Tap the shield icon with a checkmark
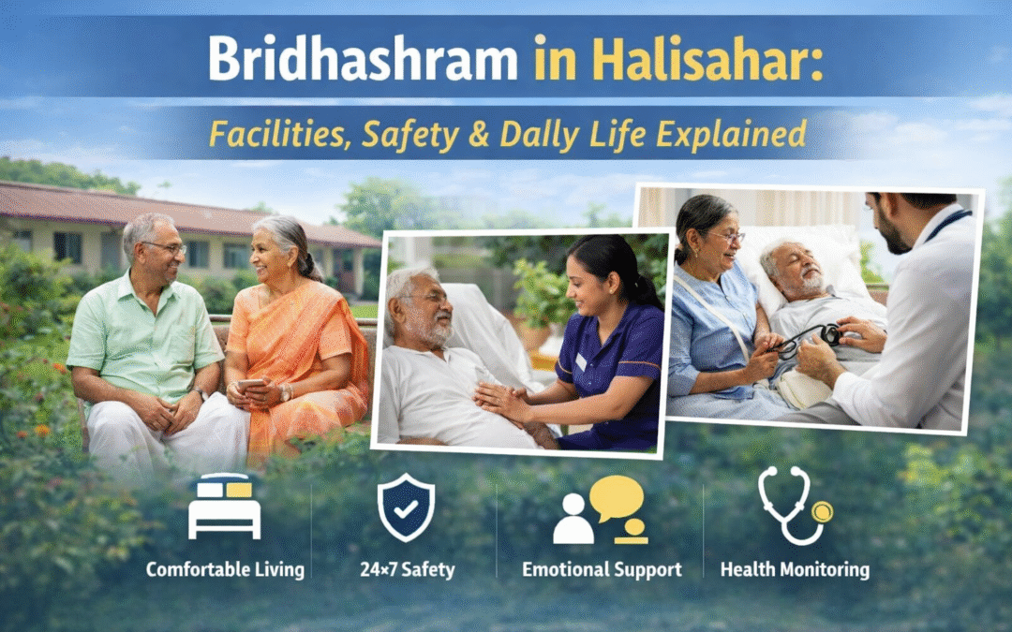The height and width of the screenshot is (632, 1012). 406,507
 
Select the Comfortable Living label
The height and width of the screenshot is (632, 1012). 225,569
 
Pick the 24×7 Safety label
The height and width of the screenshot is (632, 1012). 406,569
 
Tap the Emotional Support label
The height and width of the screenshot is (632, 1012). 602,569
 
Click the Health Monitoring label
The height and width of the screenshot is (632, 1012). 795,569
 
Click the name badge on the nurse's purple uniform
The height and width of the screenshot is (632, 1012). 581,360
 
